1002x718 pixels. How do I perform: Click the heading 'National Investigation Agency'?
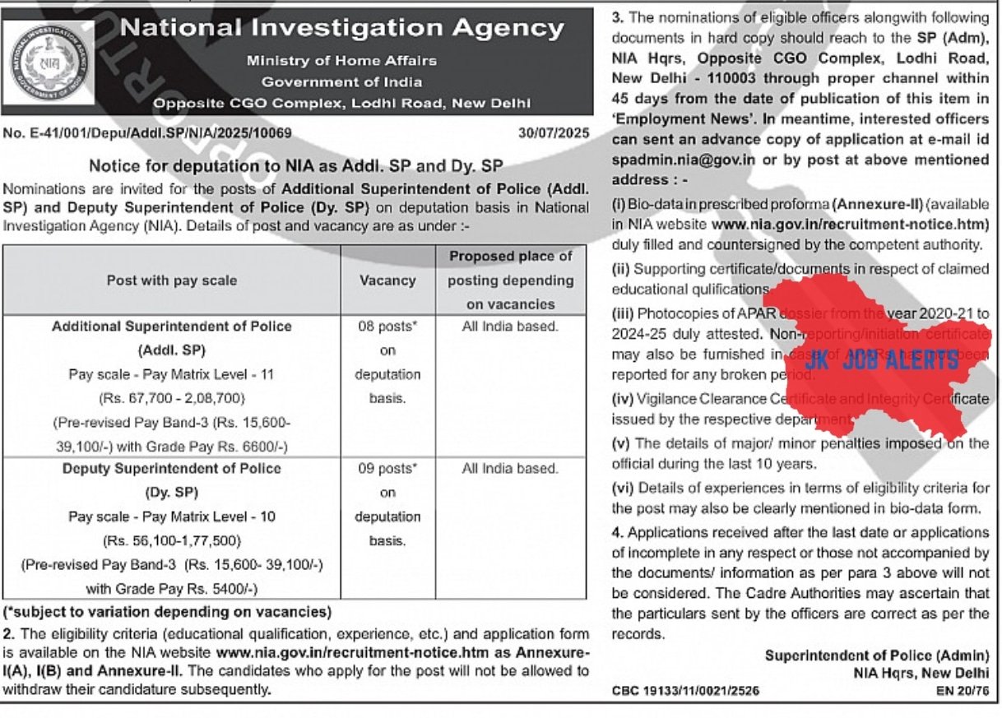click(341, 29)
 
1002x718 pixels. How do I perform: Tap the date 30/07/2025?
click(554, 132)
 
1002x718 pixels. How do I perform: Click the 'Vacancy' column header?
click(387, 280)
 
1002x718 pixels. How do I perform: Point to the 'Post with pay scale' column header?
click(171, 280)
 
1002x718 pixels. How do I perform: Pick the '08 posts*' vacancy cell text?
click(387, 327)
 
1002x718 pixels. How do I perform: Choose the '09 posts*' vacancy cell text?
click(387, 469)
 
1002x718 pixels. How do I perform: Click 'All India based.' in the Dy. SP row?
click(510, 469)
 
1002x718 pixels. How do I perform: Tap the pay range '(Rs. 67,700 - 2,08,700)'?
click(171, 398)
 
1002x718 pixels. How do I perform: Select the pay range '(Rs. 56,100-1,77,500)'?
click(171, 541)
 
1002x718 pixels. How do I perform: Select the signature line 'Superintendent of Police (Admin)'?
click(877, 655)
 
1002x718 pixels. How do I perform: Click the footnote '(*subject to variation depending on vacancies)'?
click(167, 613)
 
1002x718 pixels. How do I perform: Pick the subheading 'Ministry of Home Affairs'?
click(341, 61)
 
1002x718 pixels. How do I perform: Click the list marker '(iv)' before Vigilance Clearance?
click(622, 399)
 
